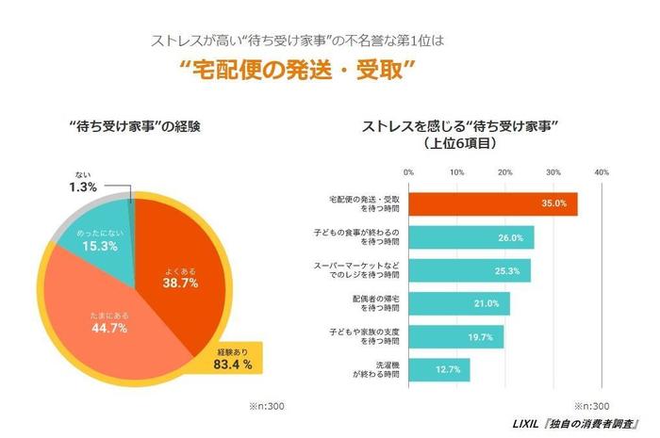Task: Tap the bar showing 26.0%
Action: [x=470, y=237]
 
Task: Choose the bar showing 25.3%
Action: [x=469, y=270]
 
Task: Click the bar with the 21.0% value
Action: [x=458, y=303]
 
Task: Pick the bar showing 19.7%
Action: [x=455, y=336]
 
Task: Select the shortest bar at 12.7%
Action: [x=438, y=369]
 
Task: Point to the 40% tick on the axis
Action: [x=602, y=172]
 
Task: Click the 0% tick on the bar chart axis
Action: [x=408, y=172]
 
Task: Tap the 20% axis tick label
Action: [x=504, y=172]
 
